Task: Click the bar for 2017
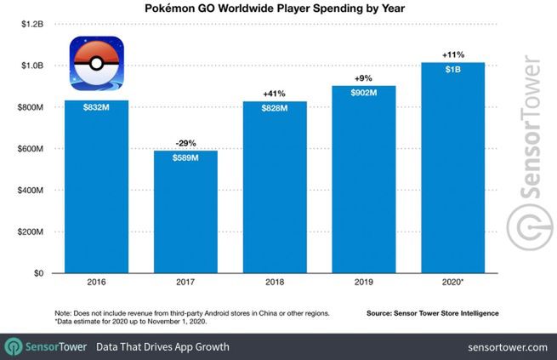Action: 185,213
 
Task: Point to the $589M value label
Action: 185,158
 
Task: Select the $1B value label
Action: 453,70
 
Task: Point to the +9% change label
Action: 364,77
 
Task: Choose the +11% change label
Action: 453,54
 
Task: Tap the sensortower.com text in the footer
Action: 507,347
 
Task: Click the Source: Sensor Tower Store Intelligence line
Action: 433,313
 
